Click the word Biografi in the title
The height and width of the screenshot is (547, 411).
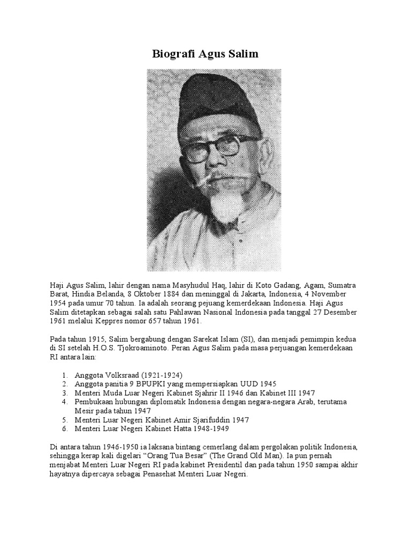coord(170,54)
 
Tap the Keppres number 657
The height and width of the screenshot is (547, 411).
coord(157,321)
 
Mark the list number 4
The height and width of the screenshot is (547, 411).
coord(64,401)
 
